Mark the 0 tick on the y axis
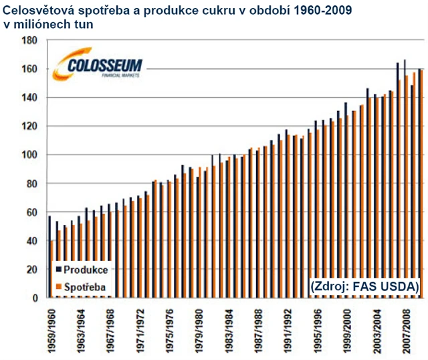click(33, 298)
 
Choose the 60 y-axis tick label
click(31, 213)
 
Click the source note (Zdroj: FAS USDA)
click(364, 286)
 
